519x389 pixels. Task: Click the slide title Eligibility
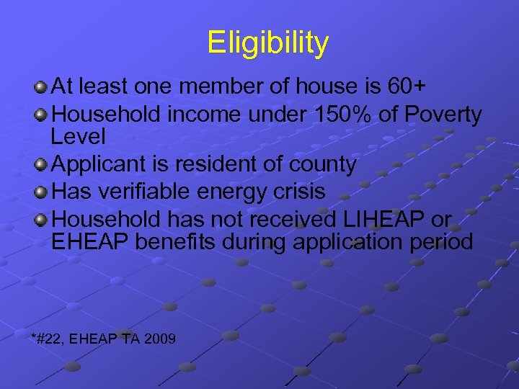pos(267,43)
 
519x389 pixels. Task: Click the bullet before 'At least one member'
pos(42,88)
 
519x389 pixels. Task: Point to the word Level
pos(79,137)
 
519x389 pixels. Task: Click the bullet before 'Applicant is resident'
pos(42,166)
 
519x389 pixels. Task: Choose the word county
pos(322,165)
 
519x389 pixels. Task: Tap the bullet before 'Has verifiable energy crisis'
pos(42,192)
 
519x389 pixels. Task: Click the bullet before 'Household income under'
pos(42,115)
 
